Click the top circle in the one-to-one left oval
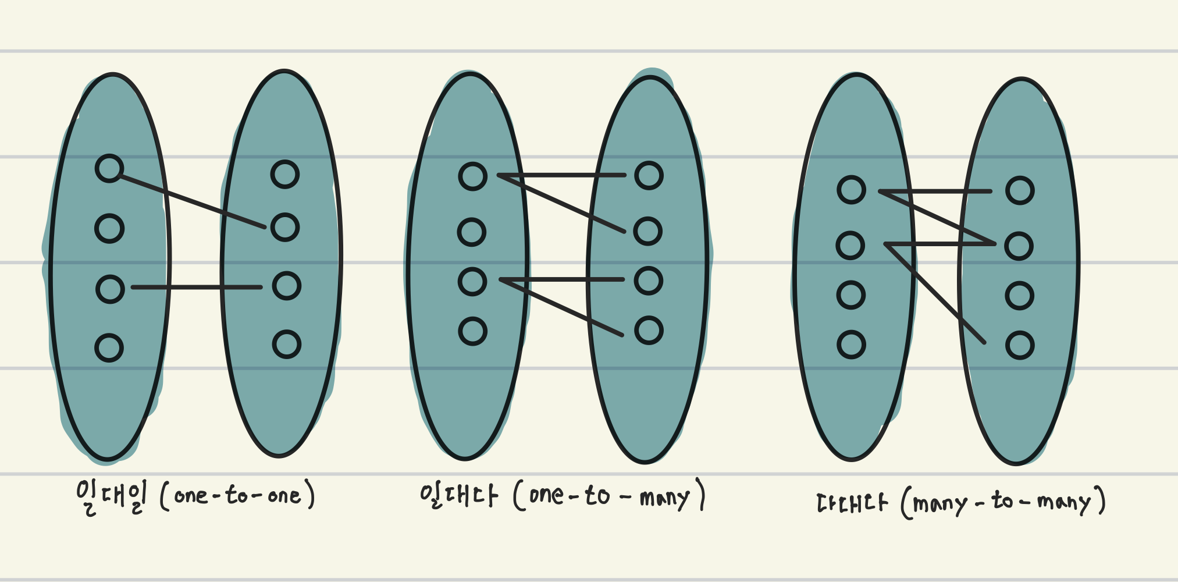coord(109,169)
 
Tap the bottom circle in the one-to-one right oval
coord(287,344)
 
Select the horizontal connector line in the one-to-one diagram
coord(197,287)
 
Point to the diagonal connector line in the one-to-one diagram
coord(192,201)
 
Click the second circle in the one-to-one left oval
coord(109,228)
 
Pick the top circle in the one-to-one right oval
coord(285,174)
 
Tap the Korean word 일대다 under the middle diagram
coord(458,496)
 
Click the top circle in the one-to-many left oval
coord(472,176)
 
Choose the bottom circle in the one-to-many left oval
coord(472,331)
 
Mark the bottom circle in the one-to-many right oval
coord(649,331)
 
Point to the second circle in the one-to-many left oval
coord(471,232)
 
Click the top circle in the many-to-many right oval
coord(1020,190)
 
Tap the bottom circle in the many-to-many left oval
coord(851,345)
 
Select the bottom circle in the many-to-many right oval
coord(1020,346)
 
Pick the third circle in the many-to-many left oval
coord(850,295)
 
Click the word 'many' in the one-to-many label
coord(664,498)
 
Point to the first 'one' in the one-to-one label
coord(191,496)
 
